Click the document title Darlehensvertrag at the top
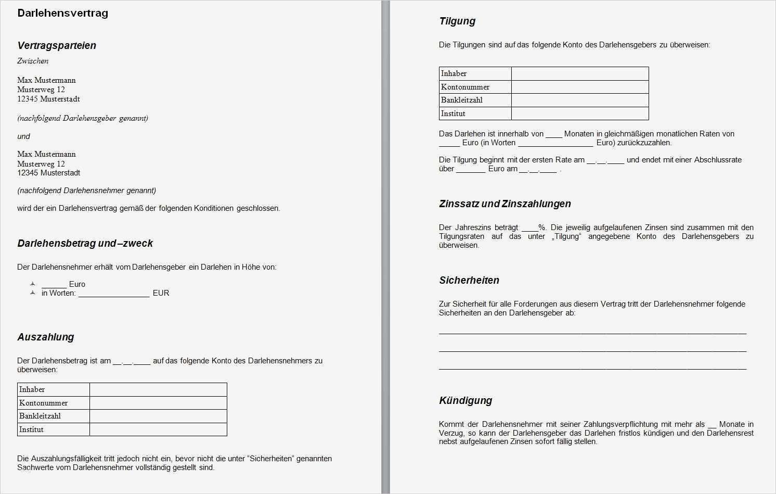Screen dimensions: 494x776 [62, 13]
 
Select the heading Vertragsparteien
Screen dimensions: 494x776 [57, 45]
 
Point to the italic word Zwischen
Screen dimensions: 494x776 [33, 61]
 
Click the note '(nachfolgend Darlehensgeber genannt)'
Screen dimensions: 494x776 [83, 118]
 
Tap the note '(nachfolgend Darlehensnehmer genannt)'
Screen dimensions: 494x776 [86, 191]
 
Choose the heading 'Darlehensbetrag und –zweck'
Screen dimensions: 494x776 [85, 243]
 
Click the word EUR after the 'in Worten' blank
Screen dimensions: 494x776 [161, 293]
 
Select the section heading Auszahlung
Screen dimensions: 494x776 [46, 337]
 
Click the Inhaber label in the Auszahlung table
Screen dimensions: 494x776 [32, 389]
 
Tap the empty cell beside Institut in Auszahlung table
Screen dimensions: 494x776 [158, 429]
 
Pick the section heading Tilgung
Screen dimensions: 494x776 [457, 21]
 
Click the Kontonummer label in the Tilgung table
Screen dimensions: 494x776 [465, 87]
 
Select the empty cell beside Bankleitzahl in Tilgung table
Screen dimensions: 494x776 [580, 100]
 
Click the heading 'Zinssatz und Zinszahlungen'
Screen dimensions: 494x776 [505, 204]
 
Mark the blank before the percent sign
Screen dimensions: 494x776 [529, 227]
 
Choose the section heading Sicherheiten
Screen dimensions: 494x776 [469, 280]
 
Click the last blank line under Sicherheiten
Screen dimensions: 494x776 [592, 368]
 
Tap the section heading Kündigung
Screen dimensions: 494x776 [465, 400]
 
